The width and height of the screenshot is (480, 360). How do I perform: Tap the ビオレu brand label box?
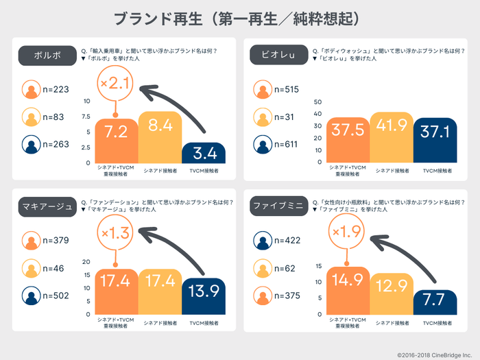pyautogui.click(x=273, y=56)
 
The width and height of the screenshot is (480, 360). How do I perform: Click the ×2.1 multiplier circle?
pyautogui.click(x=115, y=84)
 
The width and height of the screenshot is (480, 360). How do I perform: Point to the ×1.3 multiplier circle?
pyautogui.click(x=115, y=234)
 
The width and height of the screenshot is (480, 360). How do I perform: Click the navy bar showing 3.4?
pyautogui.click(x=204, y=153)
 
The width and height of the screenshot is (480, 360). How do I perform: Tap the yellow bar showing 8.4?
pyautogui.click(x=160, y=137)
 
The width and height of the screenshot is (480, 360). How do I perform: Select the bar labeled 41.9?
pyautogui.click(x=392, y=138)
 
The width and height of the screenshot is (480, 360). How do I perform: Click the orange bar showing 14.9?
pyautogui.click(x=348, y=291)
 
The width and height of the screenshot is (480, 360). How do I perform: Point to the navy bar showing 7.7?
pyautogui.click(x=435, y=302)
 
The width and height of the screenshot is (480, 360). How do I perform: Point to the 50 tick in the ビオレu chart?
pyautogui.click(x=317, y=102)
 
